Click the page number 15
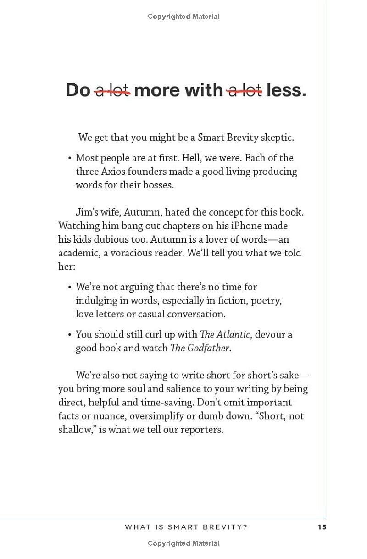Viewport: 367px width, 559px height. (322, 527)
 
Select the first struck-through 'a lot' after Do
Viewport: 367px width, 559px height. (112, 90)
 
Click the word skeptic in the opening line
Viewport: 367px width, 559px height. (277, 138)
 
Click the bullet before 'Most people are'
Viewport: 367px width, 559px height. (70, 159)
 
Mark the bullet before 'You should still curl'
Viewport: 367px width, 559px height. (70, 335)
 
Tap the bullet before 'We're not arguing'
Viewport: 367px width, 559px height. (70, 288)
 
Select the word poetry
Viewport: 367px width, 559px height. (265, 300)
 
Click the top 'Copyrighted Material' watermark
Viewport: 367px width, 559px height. (183, 17)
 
